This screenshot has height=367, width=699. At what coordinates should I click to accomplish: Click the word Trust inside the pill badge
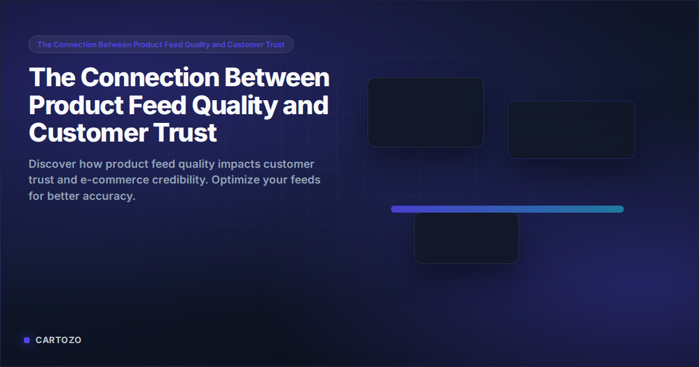pos(273,45)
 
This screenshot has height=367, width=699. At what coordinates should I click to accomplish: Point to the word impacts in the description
pos(237,164)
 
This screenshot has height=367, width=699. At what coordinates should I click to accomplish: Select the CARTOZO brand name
pos(58,340)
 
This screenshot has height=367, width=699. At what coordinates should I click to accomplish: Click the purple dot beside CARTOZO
pos(27,340)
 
